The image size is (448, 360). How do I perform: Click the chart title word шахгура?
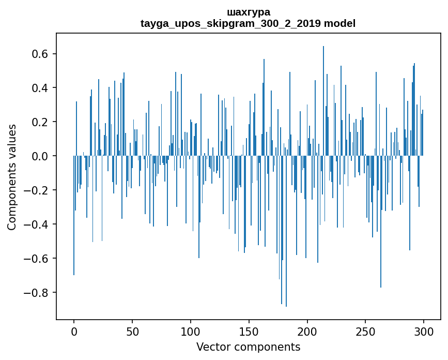(x=248, y=12)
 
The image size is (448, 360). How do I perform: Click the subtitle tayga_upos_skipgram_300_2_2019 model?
(x=248, y=23)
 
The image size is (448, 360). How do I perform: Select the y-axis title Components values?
(x=12, y=177)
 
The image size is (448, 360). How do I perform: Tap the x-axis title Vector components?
(x=248, y=347)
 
